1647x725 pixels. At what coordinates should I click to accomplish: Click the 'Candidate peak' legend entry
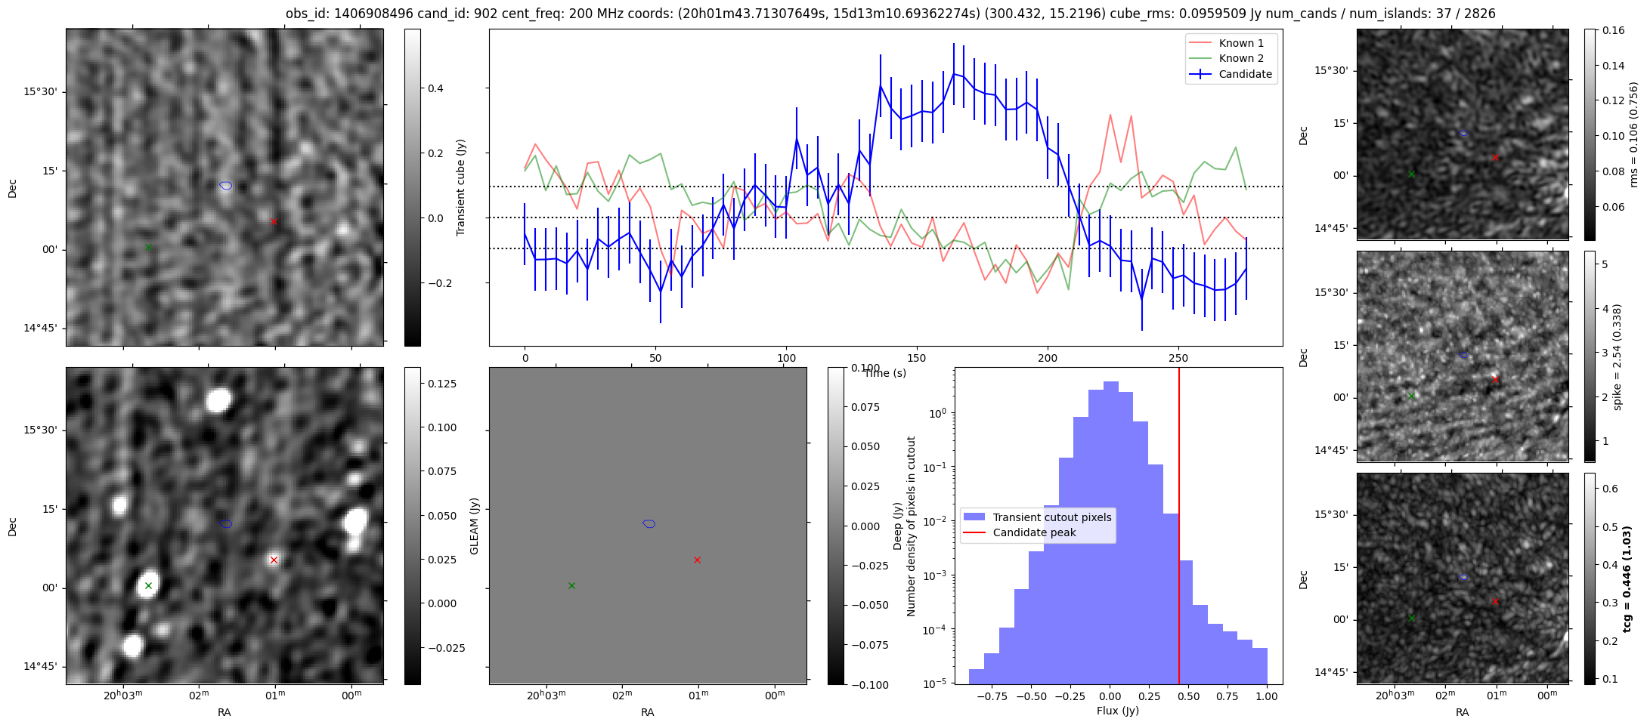[x=1034, y=532]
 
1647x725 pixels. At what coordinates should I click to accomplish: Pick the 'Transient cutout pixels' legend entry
[x=1051, y=517]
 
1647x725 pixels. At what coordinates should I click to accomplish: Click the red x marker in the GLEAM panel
[x=697, y=560]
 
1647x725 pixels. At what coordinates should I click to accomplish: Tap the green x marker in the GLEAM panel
[x=571, y=585]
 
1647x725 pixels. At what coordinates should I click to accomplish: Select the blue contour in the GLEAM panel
[x=649, y=523]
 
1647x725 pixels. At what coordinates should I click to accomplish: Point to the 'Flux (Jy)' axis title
[x=1117, y=711]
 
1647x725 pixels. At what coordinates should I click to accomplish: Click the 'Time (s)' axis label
[x=885, y=373]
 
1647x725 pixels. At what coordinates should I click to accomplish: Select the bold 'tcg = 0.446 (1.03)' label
[x=1627, y=578]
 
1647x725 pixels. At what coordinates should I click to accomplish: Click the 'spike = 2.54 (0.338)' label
[x=1618, y=356]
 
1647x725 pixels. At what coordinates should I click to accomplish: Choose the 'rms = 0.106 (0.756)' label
[x=1634, y=134]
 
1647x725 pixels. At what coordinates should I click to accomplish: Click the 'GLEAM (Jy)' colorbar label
[x=475, y=526]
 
